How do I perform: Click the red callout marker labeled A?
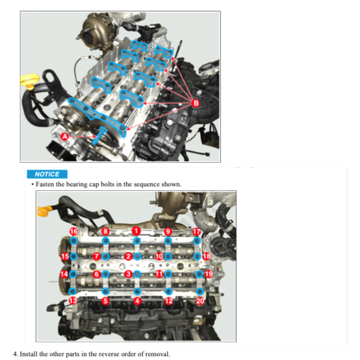coord(65,136)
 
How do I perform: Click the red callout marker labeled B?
coord(196,103)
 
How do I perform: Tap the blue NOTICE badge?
coord(47,174)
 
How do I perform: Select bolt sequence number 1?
coord(136,231)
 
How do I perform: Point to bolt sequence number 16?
coord(74,232)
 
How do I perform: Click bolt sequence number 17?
coord(196,232)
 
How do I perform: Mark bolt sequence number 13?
coord(73,301)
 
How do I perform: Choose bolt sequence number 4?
coord(137,301)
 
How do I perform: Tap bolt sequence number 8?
coord(105,231)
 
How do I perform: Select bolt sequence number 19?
coord(209,274)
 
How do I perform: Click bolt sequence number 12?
coord(169,301)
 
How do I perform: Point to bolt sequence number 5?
coord(105,301)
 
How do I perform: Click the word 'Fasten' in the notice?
coord(44,184)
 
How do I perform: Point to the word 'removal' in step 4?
coord(157,354)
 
